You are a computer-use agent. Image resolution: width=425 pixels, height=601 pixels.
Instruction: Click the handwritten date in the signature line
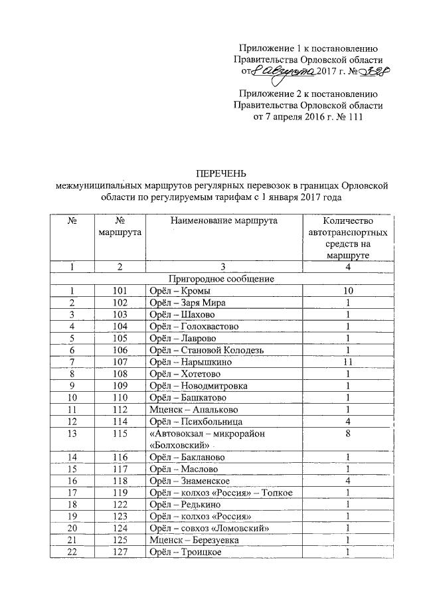(x=274, y=72)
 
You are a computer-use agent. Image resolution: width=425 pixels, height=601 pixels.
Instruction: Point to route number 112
(x=120, y=410)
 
